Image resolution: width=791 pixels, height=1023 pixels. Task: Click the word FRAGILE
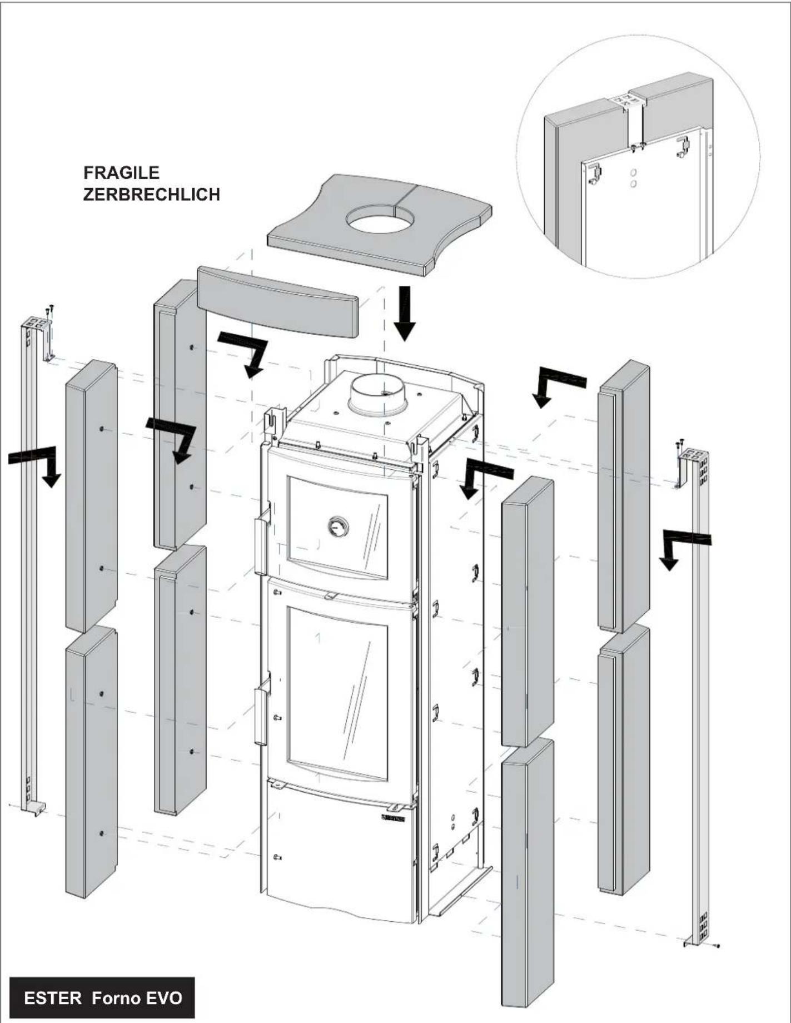coord(121,173)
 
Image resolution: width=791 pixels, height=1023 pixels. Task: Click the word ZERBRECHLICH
coord(151,195)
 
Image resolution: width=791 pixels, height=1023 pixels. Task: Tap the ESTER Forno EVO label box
coord(102,997)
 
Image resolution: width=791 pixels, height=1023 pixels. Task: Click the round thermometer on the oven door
coord(338,525)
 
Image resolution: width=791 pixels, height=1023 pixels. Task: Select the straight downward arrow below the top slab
coord(405,312)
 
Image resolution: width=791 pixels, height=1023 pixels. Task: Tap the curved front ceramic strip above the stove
coord(277,300)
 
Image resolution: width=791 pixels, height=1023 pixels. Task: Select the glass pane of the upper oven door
coord(337,525)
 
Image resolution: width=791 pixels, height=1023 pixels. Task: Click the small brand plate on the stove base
coord(393,818)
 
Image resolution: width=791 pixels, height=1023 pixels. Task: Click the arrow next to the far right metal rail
coord(684,545)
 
